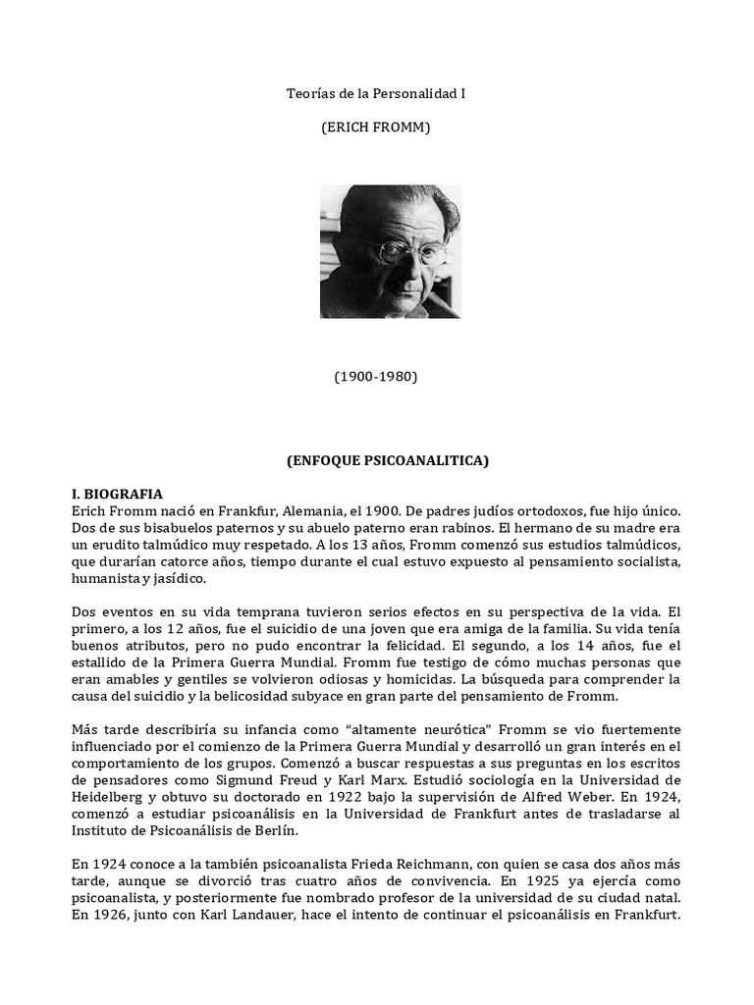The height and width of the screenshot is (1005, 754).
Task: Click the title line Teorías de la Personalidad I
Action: coord(376,95)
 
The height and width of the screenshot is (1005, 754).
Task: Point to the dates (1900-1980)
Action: coord(377,377)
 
